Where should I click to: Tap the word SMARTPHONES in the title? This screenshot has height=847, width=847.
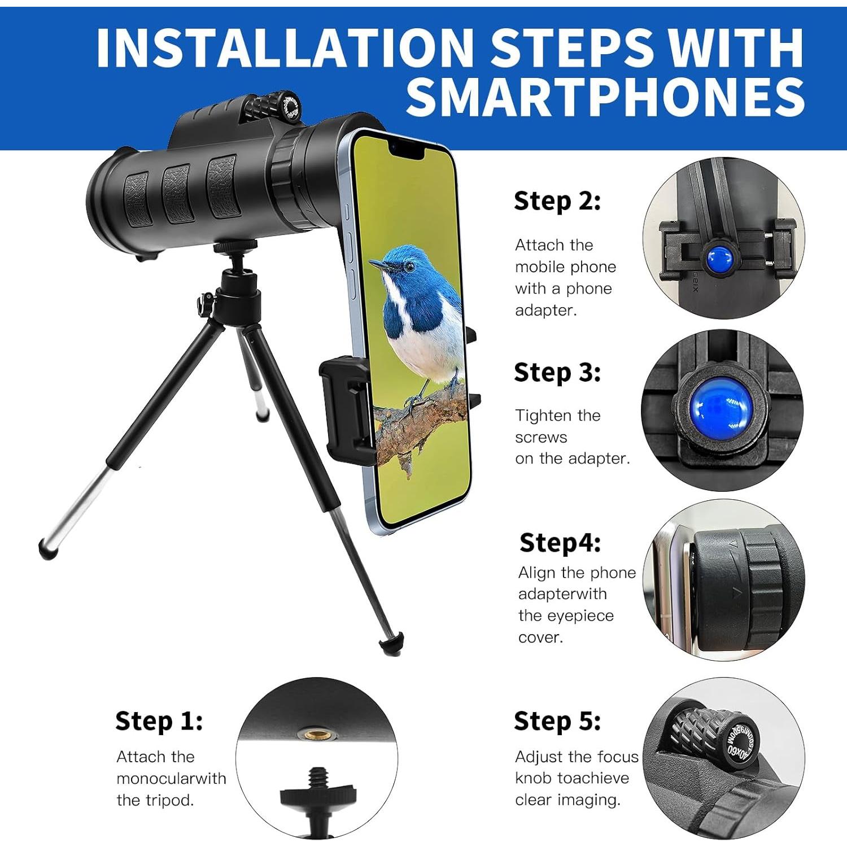[x=605, y=97]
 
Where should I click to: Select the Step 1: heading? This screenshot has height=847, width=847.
[x=159, y=721]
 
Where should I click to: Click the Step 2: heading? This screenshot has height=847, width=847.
[x=557, y=201]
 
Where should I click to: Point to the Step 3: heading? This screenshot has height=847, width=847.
[x=557, y=373]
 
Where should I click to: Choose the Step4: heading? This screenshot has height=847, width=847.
[x=560, y=543]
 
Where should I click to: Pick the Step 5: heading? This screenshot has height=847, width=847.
[x=557, y=721]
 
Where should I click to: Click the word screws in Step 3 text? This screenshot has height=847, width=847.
[x=540, y=437]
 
